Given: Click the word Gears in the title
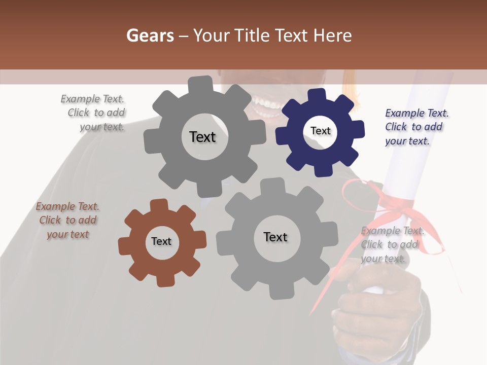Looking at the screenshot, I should pyautogui.click(x=150, y=35).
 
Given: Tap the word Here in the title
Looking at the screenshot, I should pyautogui.click(x=332, y=35).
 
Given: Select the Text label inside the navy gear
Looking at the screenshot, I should pyautogui.click(x=320, y=131).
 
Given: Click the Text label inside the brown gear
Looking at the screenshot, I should pyautogui.click(x=161, y=241).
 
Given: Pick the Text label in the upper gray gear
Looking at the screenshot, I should pyautogui.click(x=202, y=137).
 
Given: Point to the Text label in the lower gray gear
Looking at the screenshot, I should pyautogui.click(x=275, y=237).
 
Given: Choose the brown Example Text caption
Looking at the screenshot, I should pyautogui.click(x=67, y=220).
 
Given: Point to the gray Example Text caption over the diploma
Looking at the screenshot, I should pyautogui.click(x=392, y=244).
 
